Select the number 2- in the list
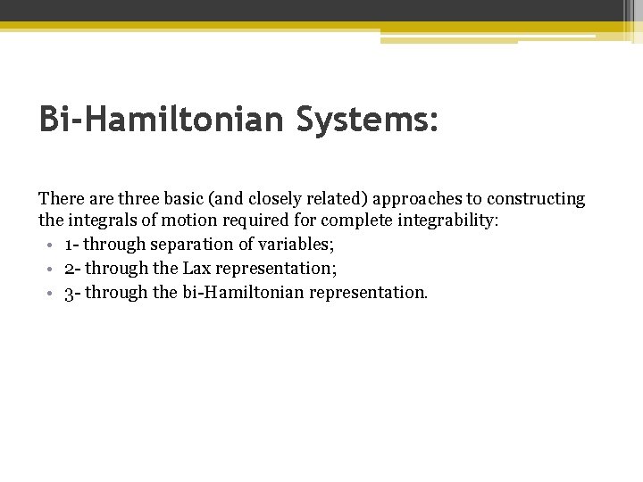point(72,269)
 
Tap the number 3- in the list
point(72,292)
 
